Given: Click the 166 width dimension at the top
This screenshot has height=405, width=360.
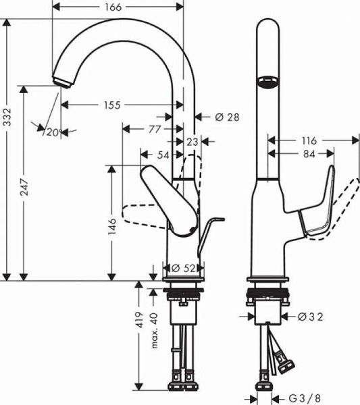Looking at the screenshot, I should click(114, 7).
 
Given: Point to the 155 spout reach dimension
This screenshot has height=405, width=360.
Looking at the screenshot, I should click(113, 105).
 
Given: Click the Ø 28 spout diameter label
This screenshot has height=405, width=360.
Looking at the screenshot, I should click(227, 117).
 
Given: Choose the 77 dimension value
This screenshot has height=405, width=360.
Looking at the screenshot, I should click(154, 128).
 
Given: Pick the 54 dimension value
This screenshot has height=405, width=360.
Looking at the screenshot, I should click(162, 155).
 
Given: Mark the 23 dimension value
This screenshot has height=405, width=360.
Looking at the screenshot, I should click(192, 142).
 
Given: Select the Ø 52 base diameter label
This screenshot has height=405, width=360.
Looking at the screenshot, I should click(184, 268).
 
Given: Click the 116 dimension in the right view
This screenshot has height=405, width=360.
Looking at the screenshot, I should click(309, 141).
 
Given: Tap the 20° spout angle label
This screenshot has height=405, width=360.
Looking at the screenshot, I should click(51, 133).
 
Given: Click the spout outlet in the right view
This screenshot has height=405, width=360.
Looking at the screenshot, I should click(266, 82).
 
